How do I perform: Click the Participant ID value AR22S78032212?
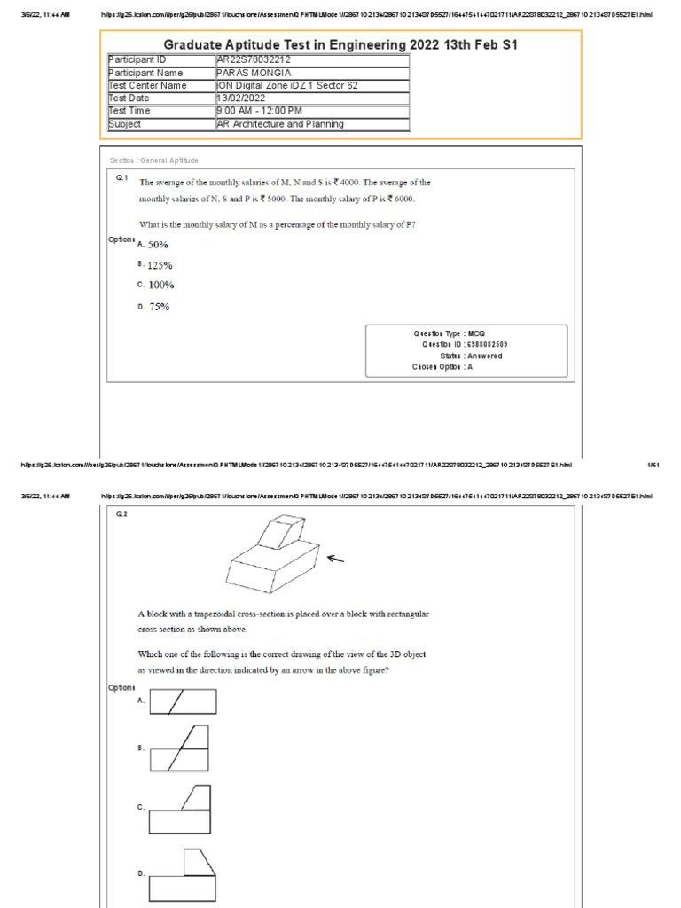[254, 59]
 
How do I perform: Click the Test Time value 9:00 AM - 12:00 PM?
[260, 111]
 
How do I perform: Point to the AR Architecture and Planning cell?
[280, 124]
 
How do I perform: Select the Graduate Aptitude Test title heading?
[340, 44]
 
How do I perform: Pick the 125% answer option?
[160, 265]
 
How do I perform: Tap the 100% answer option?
[160, 285]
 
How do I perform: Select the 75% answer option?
[158, 307]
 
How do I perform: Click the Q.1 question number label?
[122, 178]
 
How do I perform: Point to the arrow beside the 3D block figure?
[336, 558]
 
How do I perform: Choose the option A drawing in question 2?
[183, 703]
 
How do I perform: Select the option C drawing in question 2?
[182, 810]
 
